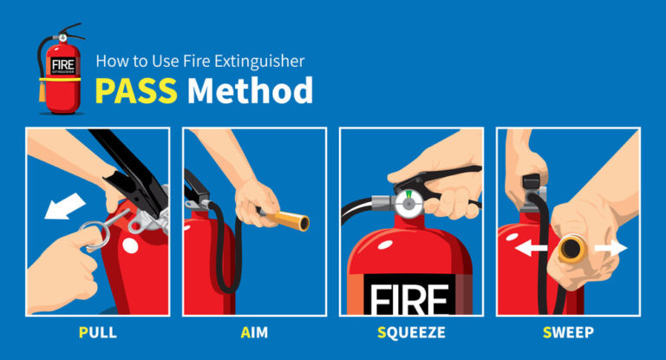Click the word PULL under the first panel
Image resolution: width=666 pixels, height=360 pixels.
coord(96,331)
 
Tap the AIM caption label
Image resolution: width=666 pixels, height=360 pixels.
coord(254,331)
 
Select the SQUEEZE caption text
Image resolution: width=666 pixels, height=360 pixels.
coord(411,331)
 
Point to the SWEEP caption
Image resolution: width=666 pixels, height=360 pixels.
coord(568,331)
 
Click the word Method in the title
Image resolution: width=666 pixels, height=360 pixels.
coord(251,89)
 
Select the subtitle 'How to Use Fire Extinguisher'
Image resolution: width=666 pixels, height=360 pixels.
coord(199,62)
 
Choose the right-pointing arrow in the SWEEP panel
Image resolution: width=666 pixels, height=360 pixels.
coord(611,248)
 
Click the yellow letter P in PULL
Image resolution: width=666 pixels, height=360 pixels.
coord(81,331)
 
